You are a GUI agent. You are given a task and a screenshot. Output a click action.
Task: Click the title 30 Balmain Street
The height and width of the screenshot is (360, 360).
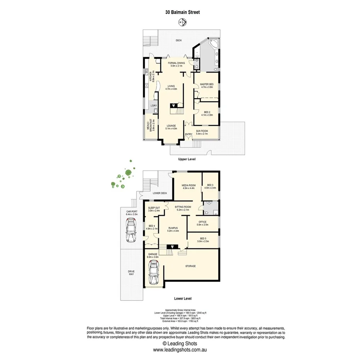tap(183, 12)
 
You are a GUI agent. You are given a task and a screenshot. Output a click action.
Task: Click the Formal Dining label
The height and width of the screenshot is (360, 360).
tap(176, 64)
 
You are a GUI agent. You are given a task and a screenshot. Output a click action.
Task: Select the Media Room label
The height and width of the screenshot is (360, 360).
tap(188, 187)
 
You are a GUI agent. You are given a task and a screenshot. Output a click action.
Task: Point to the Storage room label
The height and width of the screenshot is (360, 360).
tap(190, 266)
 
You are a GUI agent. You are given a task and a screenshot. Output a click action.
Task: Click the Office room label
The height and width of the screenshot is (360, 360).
tap(202, 223)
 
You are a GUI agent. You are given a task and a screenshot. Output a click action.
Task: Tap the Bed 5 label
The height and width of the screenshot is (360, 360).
tap(203, 239)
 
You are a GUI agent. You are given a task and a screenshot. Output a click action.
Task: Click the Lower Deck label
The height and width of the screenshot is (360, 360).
tap(159, 193)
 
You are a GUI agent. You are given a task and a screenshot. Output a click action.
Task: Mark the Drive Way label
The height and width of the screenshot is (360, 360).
tap(131, 273)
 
